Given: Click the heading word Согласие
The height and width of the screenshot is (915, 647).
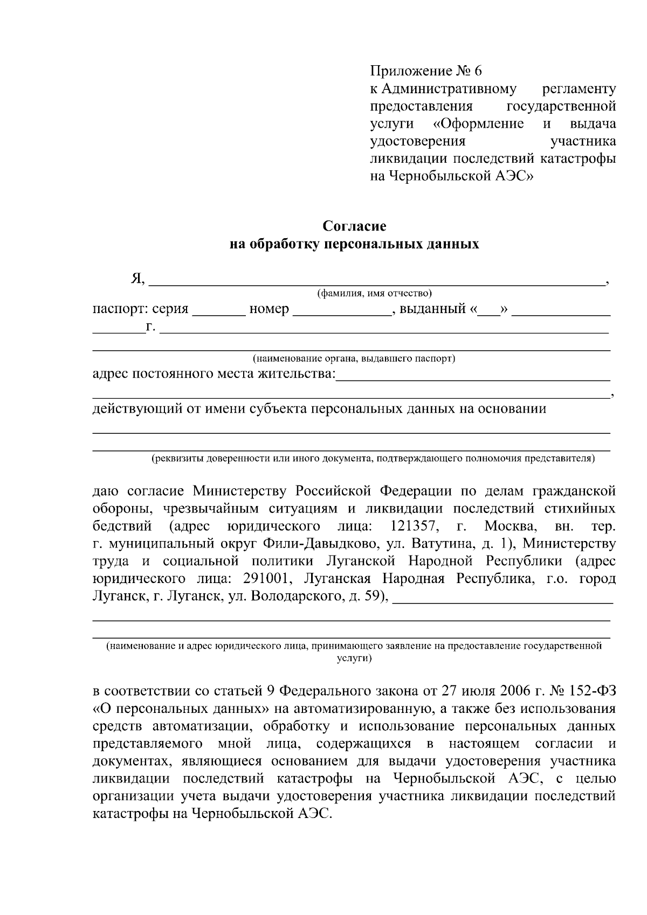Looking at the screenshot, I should pyautogui.click(x=354, y=226).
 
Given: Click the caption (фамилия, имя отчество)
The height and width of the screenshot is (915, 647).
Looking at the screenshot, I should pyautogui.click(x=374, y=294).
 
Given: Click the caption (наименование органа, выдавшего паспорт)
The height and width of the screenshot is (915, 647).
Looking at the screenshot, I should pyautogui.click(x=354, y=358).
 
